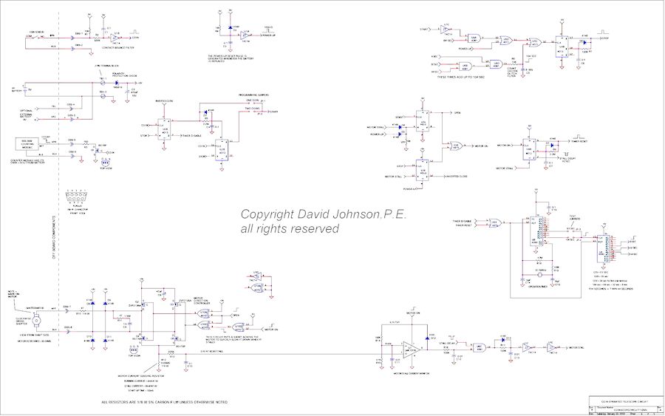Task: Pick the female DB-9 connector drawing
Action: [78, 195]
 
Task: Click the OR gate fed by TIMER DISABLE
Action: [495, 222]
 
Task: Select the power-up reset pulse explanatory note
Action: [230, 58]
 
